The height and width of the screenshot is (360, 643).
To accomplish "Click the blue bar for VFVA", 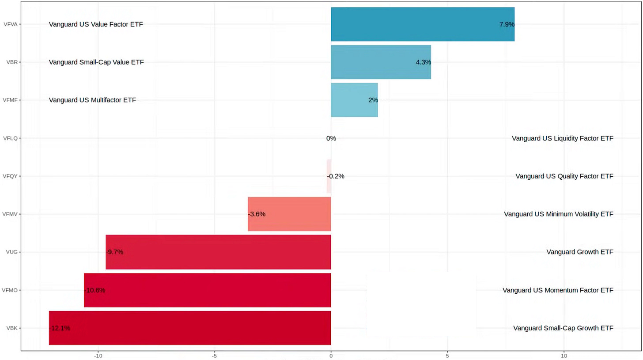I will pos(422,24).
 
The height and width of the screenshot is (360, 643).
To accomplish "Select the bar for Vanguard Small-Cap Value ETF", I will pos(381,62).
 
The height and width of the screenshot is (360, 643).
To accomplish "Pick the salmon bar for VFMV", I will pos(289,214).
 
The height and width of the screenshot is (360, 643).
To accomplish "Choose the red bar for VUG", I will pos(218,252).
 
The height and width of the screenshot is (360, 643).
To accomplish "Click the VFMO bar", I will pos(208,290).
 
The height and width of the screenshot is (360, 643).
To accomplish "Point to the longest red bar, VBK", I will pos(190,328).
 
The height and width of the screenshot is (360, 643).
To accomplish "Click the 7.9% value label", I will pos(507,25).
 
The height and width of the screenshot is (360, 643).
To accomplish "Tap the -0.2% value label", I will pos(336,176).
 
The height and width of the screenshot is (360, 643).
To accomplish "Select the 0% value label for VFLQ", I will pos(331,138).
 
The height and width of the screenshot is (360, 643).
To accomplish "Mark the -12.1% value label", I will pos(60,328).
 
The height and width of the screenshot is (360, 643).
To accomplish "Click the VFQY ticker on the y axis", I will pos(10,176).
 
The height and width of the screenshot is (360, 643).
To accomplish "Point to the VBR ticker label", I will pos(12,62).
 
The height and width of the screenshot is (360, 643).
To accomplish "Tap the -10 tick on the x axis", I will pos(98,355).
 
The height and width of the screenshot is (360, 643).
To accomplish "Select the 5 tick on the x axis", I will pos(447,355).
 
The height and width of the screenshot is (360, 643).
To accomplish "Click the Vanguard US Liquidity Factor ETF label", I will pos(562,138).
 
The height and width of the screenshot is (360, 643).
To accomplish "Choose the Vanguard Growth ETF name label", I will pos(580,252).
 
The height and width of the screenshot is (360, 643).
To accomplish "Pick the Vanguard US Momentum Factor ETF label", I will pos(558,290).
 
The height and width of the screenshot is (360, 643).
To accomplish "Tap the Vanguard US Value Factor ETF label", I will pos(96,24).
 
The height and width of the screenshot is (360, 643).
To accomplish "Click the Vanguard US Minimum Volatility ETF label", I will pos(559,214).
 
